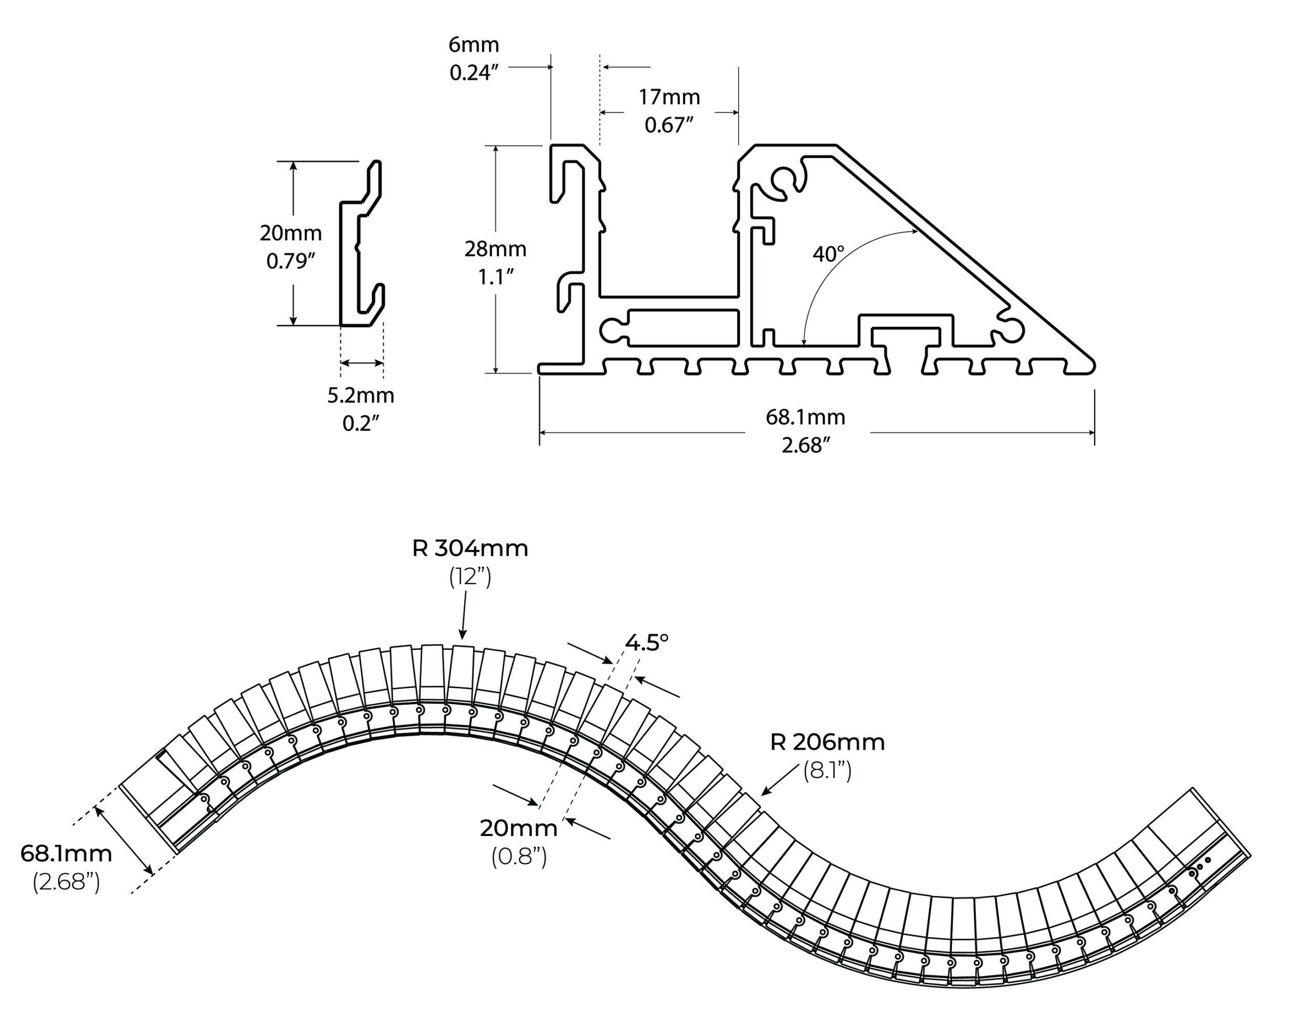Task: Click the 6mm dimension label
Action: click(x=474, y=45)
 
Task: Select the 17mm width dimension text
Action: click(x=669, y=96)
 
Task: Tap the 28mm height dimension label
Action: click(x=495, y=248)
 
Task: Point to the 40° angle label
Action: click(x=828, y=254)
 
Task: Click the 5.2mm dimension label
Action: click(x=361, y=395)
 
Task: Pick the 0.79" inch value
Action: click(x=291, y=261)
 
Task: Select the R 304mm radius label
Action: click(x=470, y=548)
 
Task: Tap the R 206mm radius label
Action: click(x=827, y=742)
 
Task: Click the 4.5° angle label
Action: click(x=647, y=642)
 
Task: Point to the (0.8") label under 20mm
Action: click(x=519, y=856)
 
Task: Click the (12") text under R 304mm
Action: click(x=470, y=577)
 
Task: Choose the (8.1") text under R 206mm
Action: click(x=827, y=770)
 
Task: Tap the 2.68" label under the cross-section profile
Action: click(x=805, y=445)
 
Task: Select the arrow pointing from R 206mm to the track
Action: click(x=780, y=780)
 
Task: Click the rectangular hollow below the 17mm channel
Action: click(x=683, y=327)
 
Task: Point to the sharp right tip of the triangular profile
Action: click(x=1093, y=365)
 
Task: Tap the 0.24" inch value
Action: click(x=474, y=72)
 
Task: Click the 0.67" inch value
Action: click(x=669, y=125)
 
